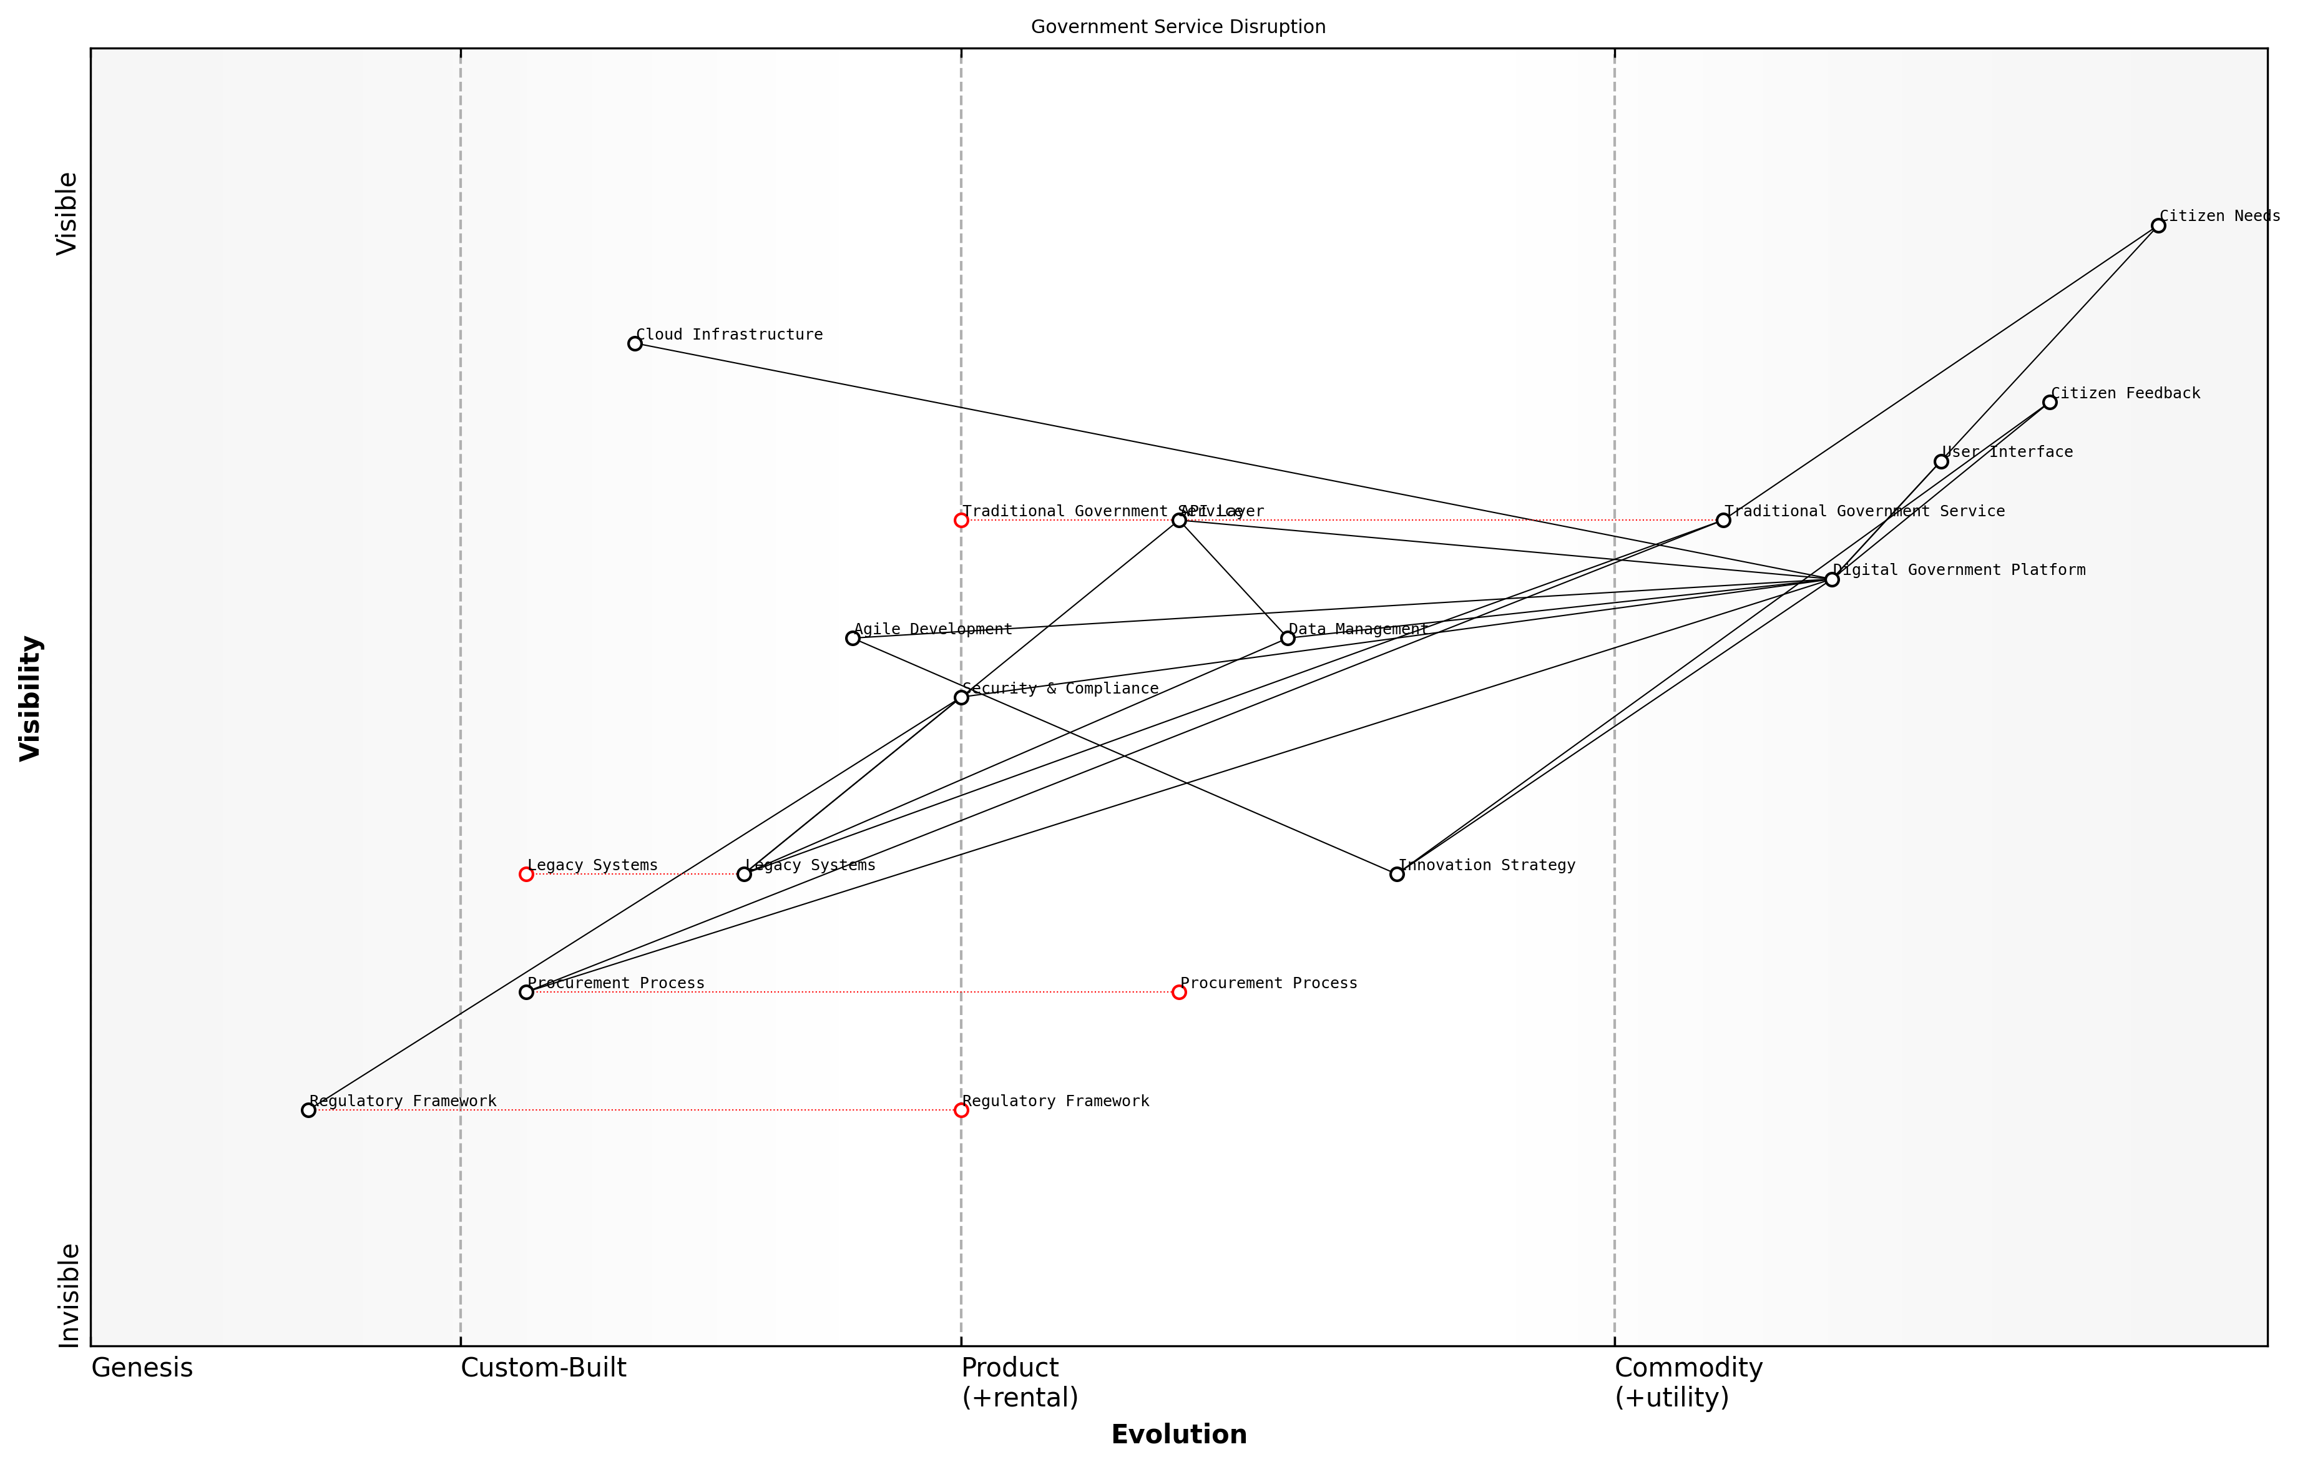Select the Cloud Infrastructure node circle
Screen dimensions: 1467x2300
(x=635, y=344)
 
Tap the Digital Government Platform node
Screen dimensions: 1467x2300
(x=1831, y=580)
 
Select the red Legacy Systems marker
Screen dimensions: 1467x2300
(x=526, y=874)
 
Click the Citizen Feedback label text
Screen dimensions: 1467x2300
(x=2125, y=393)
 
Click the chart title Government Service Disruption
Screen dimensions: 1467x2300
(x=1178, y=27)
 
